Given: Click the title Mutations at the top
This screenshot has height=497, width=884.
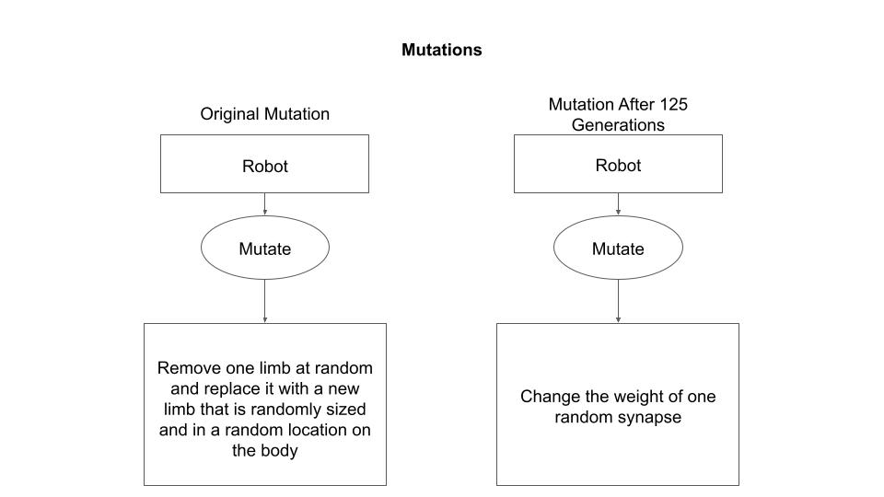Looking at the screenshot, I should (441, 50).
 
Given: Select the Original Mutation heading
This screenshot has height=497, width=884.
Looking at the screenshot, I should (264, 114).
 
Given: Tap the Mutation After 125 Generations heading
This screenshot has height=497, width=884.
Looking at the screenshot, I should (618, 114).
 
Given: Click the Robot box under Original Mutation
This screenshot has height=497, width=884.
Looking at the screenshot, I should (264, 166).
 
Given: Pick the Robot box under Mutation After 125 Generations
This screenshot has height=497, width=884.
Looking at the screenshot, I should (618, 165).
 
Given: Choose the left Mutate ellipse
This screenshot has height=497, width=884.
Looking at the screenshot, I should (264, 248).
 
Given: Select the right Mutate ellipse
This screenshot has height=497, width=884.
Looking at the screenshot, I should (618, 248).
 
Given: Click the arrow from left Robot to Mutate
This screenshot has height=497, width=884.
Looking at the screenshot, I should (264, 204).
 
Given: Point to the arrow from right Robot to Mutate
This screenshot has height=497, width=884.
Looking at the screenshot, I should (618, 204).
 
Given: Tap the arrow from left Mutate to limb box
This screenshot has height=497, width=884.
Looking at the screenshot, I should (264, 301).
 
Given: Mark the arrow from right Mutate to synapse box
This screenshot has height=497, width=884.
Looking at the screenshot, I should (618, 301).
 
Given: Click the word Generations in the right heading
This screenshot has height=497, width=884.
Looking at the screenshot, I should (618, 124).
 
